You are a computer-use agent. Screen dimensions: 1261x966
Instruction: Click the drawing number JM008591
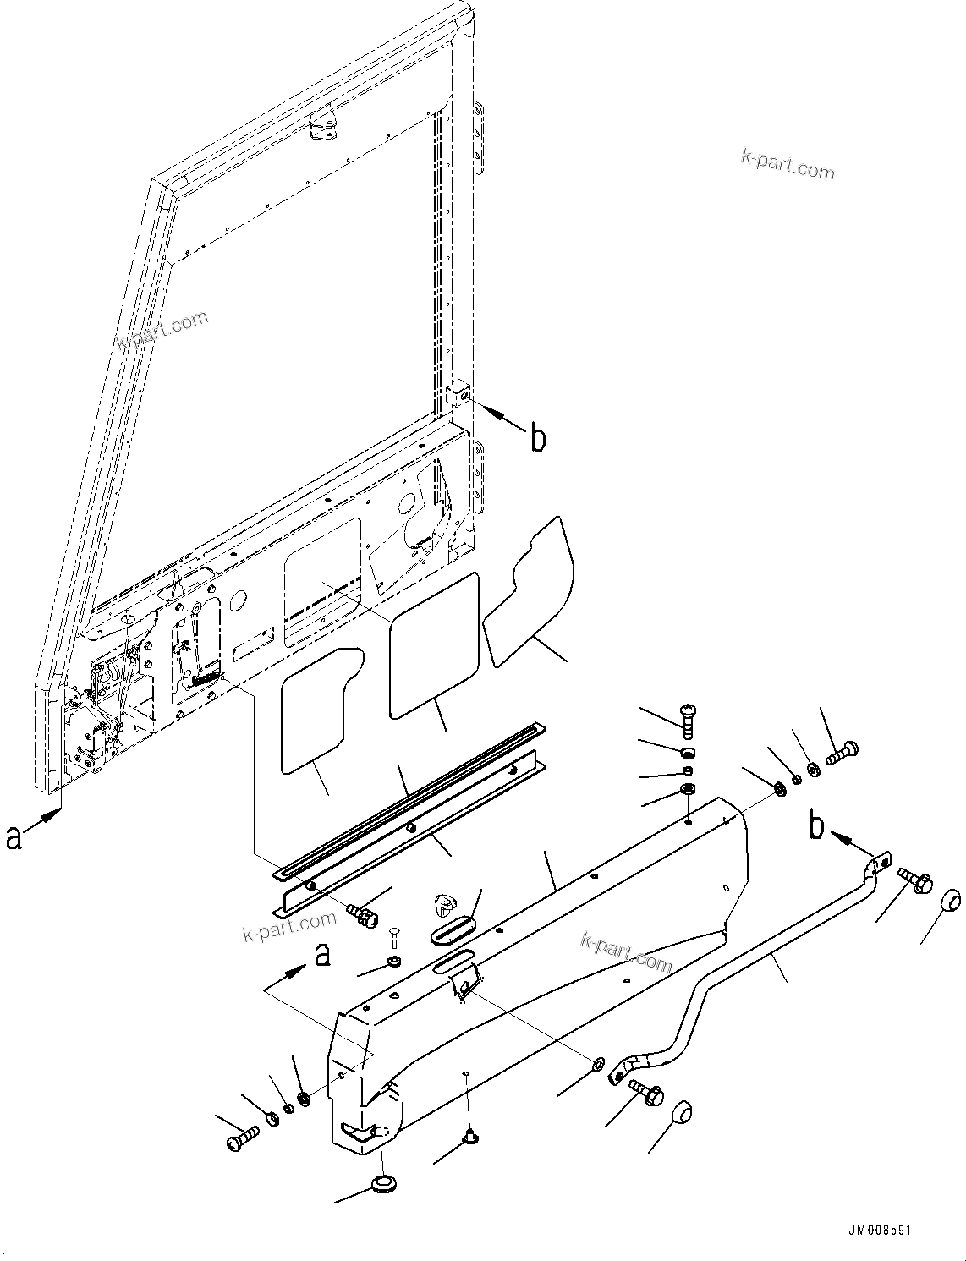pos(881,1231)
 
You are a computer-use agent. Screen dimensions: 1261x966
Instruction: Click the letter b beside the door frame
pos(538,438)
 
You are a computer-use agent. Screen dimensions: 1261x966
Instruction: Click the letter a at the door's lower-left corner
pos(13,836)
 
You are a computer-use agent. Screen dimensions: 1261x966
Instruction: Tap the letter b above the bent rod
pos(816,826)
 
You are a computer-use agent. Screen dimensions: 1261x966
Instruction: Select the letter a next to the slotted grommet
pos(321,956)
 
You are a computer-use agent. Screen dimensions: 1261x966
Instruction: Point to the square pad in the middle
pos(434,644)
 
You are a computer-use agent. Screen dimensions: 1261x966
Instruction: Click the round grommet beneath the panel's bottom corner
pos(385,1182)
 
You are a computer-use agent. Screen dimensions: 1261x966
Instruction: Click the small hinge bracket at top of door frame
pos(322,126)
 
